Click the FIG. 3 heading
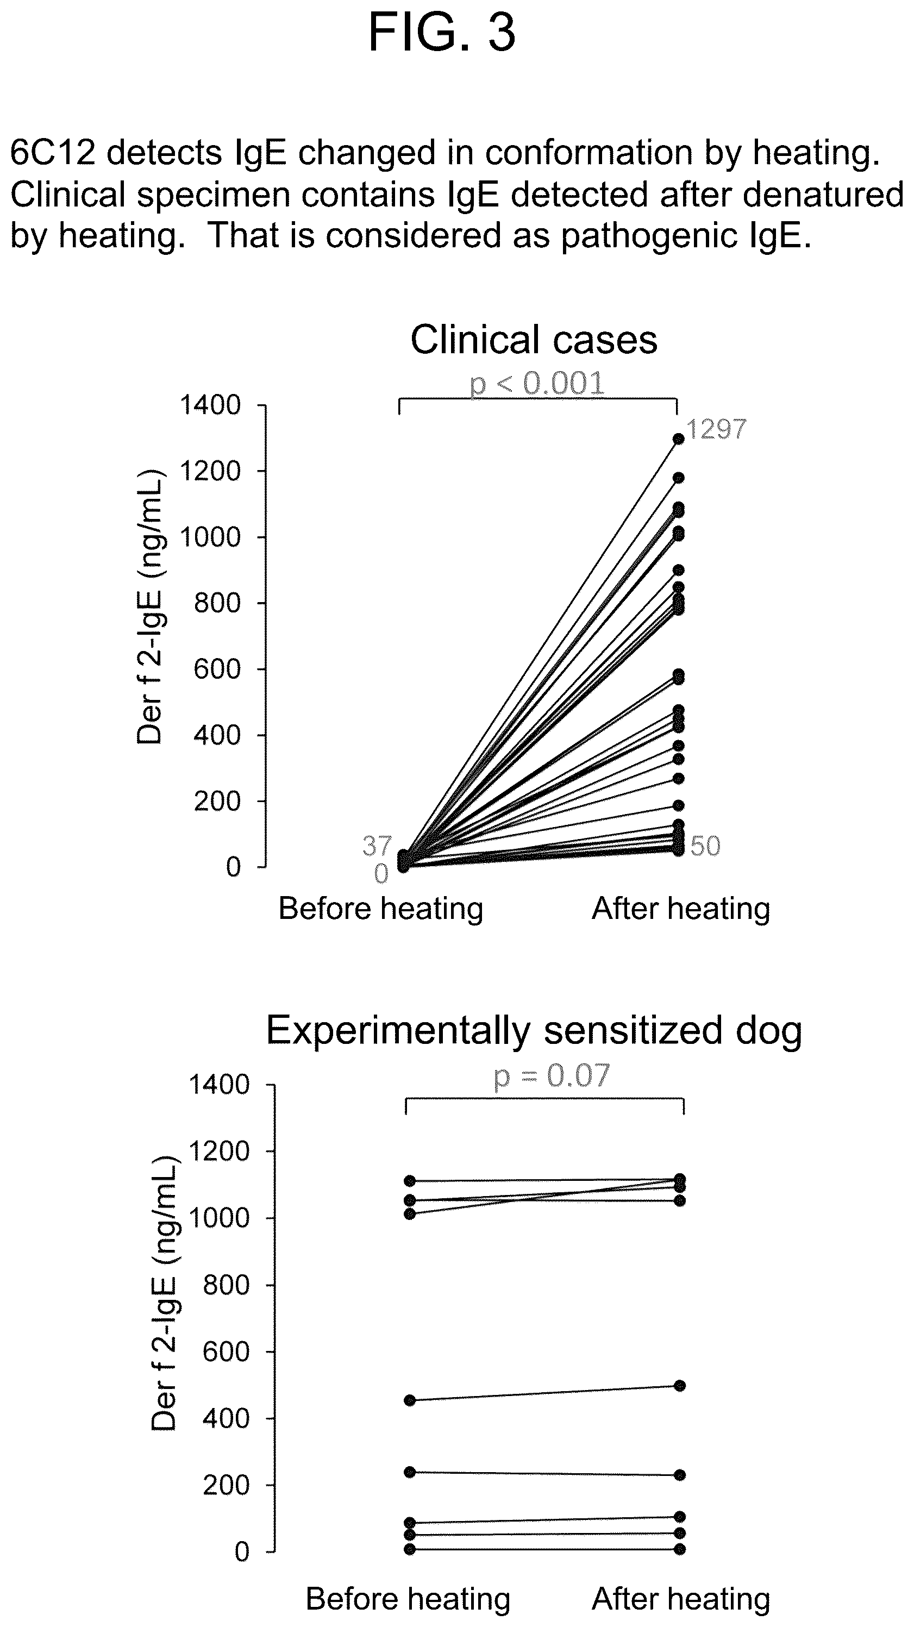point(442,32)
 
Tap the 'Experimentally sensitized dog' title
point(534,1031)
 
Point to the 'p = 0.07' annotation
point(552,1075)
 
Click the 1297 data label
point(716,429)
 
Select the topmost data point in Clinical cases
point(678,439)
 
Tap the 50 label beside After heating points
point(705,846)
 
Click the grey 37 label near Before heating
point(377,846)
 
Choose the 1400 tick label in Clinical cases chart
point(210,405)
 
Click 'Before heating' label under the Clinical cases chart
point(381,909)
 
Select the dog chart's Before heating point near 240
point(409,1472)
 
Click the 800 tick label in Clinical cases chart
point(217,603)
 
